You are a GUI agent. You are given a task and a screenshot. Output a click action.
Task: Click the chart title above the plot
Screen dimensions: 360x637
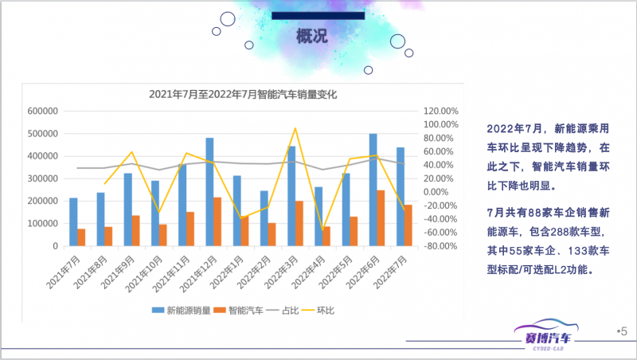point(244,94)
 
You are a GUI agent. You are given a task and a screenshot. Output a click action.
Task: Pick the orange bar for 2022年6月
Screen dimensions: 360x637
point(381,218)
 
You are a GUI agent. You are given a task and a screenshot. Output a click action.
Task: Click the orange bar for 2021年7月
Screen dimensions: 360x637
point(81,237)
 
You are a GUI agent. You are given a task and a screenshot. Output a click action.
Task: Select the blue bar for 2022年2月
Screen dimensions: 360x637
point(264,218)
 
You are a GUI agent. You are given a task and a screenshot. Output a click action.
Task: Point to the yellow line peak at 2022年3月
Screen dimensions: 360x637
point(295,128)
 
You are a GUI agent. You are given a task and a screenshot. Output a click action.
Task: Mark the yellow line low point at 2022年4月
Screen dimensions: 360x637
point(323,230)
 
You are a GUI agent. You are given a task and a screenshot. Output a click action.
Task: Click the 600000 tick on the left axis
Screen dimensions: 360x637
point(41,112)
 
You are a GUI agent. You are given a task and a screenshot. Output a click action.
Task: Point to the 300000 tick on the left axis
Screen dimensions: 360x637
point(41,179)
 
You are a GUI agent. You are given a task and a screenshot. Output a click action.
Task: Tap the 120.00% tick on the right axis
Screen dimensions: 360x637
point(440,112)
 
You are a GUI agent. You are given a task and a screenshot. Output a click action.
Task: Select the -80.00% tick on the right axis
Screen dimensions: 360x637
point(440,246)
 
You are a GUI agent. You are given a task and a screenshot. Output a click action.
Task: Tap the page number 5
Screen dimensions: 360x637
point(623,331)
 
